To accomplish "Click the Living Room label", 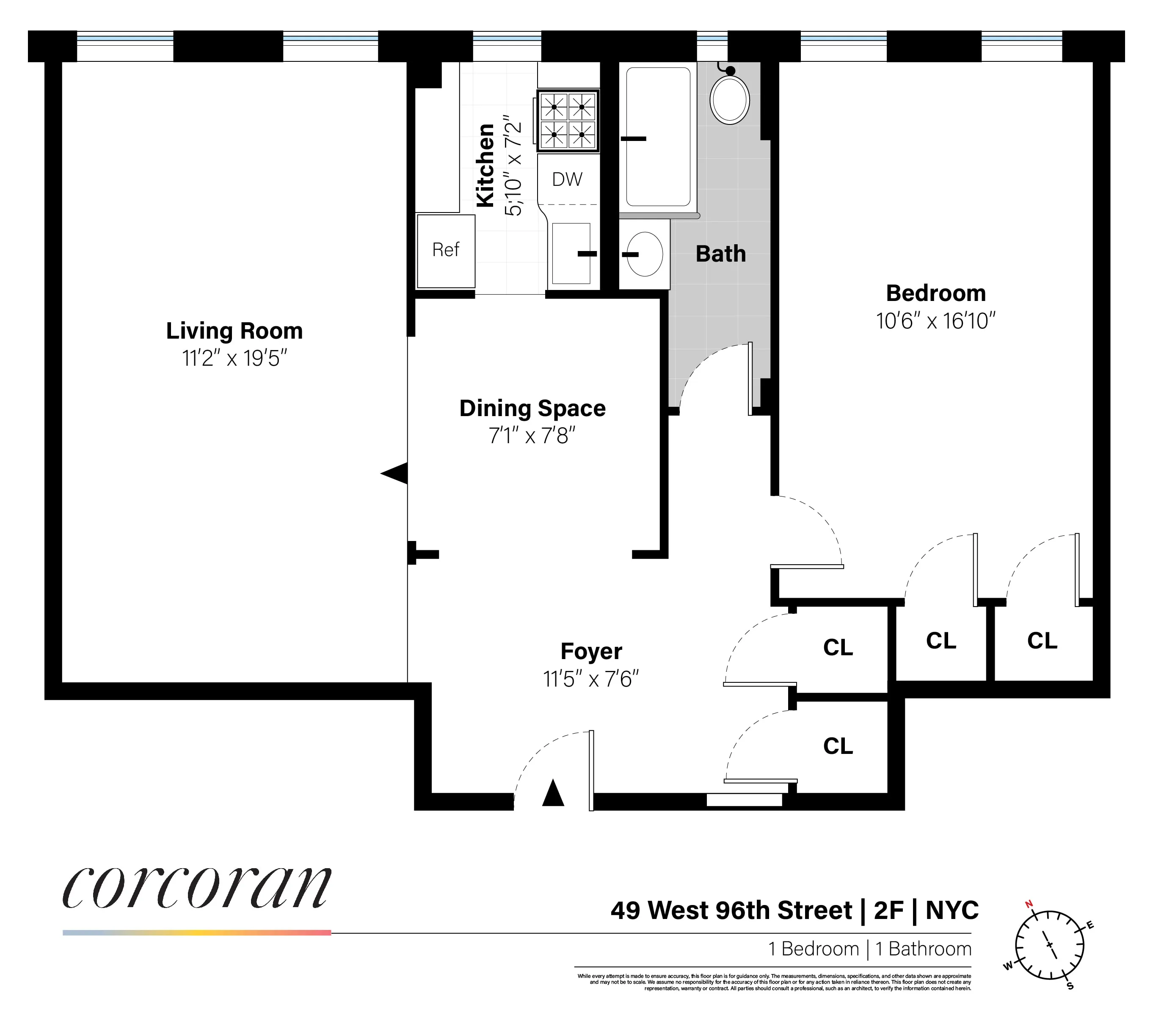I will [234, 331].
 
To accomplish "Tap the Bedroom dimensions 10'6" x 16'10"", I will [935, 321].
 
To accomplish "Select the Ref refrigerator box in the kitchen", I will [446, 251].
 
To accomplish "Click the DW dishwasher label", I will [567, 180].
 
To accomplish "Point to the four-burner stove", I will [568, 121].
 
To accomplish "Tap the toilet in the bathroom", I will [729, 99].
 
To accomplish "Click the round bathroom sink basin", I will [644, 254].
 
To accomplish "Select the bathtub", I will [658, 137].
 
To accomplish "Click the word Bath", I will [720, 254].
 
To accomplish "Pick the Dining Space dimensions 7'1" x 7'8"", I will [532, 436].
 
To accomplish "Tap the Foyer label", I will [590, 651].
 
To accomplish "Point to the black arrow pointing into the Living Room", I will [395, 473].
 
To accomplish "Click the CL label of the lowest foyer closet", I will [838, 746].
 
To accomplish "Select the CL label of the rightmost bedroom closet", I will [1042, 641].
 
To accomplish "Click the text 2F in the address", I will [888, 911].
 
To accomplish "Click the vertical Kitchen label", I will [485, 165].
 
